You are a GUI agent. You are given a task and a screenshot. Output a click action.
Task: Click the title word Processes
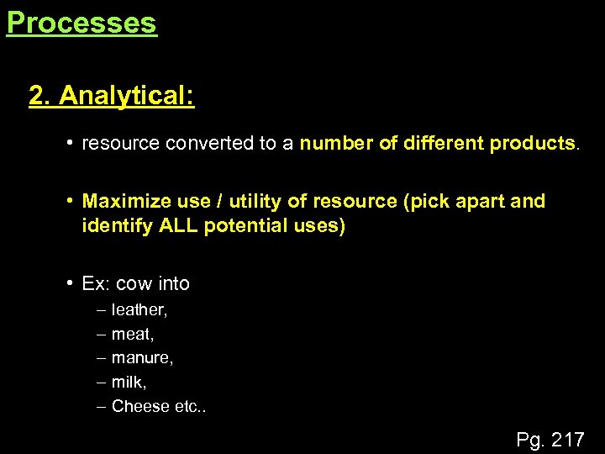[x=82, y=23]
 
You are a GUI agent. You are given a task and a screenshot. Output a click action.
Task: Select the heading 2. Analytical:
[x=112, y=96]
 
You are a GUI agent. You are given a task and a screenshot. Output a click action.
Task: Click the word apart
[x=479, y=202]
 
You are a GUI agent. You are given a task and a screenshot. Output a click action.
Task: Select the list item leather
[x=139, y=310]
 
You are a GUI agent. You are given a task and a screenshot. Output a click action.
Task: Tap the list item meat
[x=132, y=335]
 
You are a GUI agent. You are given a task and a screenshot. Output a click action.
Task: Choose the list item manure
[x=141, y=358]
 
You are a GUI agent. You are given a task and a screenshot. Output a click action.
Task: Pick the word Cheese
[x=140, y=406]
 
